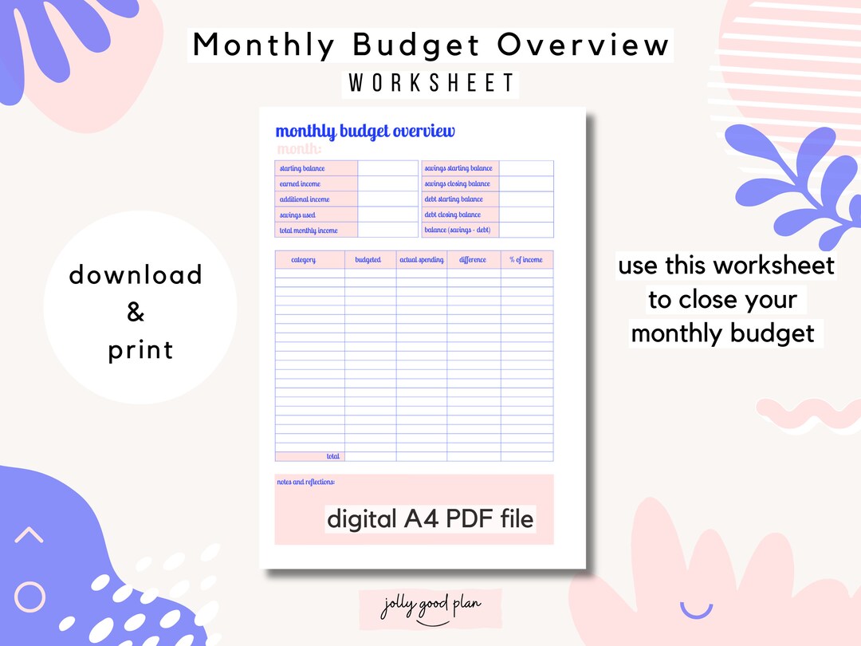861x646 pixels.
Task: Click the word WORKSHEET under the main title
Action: pyautogui.click(x=431, y=84)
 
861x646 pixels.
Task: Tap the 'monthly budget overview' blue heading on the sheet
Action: pyautogui.click(x=365, y=132)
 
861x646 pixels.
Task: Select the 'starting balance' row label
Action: pyautogui.click(x=302, y=168)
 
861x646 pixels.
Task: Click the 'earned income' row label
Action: pyautogui.click(x=300, y=184)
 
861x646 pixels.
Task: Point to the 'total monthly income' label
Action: pyautogui.click(x=309, y=230)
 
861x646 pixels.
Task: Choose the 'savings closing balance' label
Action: pyautogui.click(x=458, y=184)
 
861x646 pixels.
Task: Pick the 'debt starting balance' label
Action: pyautogui.click(x=454, y=199)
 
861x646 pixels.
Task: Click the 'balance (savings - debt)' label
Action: pyautogui.click(x=458, y=230)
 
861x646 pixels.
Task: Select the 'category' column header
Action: pyautogui.click(x=303, y=260)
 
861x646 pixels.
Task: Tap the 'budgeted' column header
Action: pyautogui.click(x=368, y=260)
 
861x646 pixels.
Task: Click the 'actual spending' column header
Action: pyautogui.click(x=421, y=260)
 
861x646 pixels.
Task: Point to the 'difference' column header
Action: pyautogui.click(x=473, y=260)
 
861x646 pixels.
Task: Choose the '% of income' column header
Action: pyautogui.click(x=526, y=260)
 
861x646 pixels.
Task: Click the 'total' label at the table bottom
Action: pyautogui.click(x=332, y=457)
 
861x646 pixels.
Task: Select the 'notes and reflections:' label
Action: pyautogui.click(x=306, y=483)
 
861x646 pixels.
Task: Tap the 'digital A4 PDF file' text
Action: pyautogui.click(x=431, y=520)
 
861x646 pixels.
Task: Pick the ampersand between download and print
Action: pyautogui.click(x=136, y=313)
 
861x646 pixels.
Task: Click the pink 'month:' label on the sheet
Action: pyautogui.click(x=299, y=149)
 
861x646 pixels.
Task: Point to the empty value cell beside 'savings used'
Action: pyautogui.click(x=387, y=215)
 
